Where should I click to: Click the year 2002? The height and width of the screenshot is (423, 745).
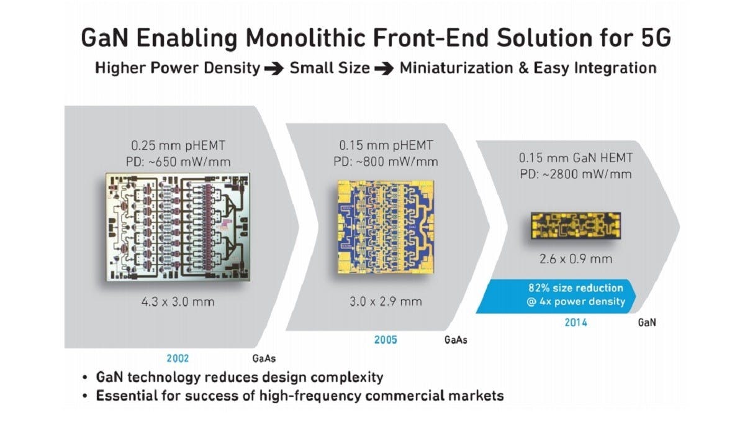[178, 358]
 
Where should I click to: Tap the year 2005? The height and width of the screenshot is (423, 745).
[386, 340]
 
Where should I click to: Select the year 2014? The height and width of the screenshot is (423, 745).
[576, 322]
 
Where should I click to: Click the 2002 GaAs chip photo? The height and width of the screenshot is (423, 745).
[178, 227]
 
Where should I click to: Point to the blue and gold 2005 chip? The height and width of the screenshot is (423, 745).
[386, 227]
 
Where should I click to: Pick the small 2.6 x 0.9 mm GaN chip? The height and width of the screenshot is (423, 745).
[576, 225]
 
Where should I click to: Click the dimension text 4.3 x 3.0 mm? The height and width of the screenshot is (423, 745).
[178, 302]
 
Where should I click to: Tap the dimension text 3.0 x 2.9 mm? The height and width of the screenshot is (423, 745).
[386, 301]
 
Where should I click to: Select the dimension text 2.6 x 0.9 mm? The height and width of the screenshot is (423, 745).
[576, 259]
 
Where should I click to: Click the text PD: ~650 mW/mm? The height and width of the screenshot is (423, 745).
[178, 162]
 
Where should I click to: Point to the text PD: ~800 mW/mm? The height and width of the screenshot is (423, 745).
[386, 161]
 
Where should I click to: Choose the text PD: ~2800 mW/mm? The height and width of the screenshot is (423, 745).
[576, 174]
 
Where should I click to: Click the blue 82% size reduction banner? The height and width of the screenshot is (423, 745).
[556, 296]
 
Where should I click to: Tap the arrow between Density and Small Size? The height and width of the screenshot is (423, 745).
[274, 69]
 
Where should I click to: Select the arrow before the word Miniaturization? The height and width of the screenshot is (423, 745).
[384, 69]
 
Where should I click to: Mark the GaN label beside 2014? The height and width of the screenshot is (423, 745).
[647, 322]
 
